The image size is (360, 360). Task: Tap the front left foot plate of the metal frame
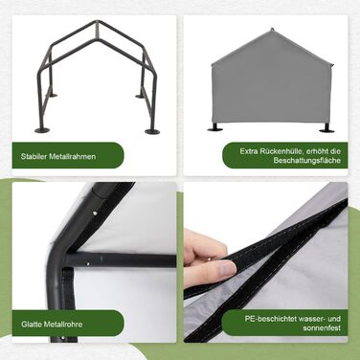pos(43,129)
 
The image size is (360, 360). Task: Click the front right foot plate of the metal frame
pos(152,130)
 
